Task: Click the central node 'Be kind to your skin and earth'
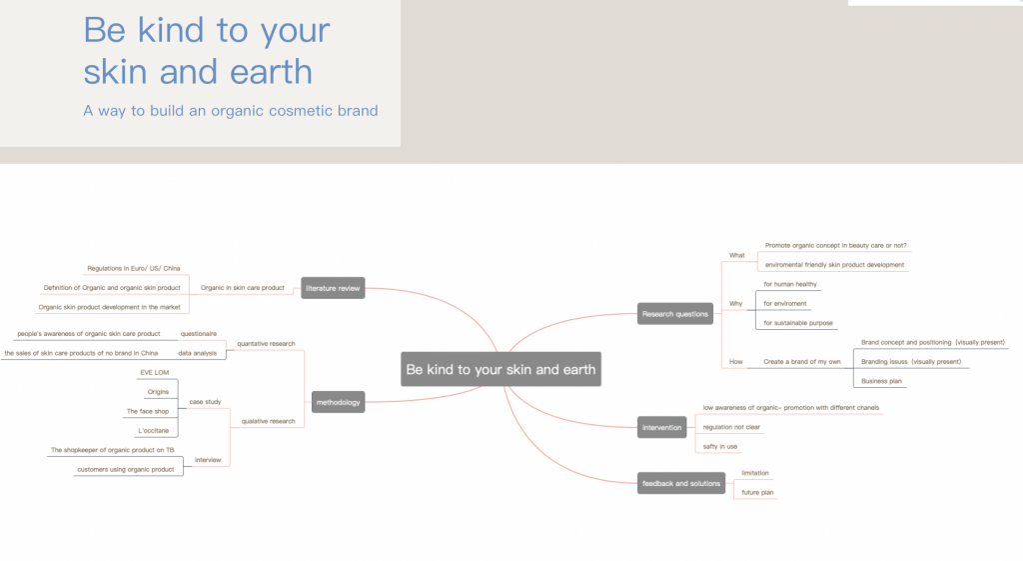501,369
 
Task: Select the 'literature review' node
333,288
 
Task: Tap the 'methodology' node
338,402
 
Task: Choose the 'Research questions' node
674,314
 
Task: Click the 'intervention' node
661,428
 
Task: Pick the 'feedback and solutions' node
681,483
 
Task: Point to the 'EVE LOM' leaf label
155,373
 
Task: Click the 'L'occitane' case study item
153,431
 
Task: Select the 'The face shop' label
148,411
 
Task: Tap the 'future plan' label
757,492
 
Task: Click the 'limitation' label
755,473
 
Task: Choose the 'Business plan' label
881,381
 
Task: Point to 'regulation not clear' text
731,427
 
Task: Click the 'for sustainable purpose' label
798,323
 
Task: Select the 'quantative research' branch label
266,344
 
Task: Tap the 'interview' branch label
208,460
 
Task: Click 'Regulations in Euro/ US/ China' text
134,268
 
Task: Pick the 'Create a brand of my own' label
802,362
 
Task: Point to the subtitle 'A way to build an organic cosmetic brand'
231,111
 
